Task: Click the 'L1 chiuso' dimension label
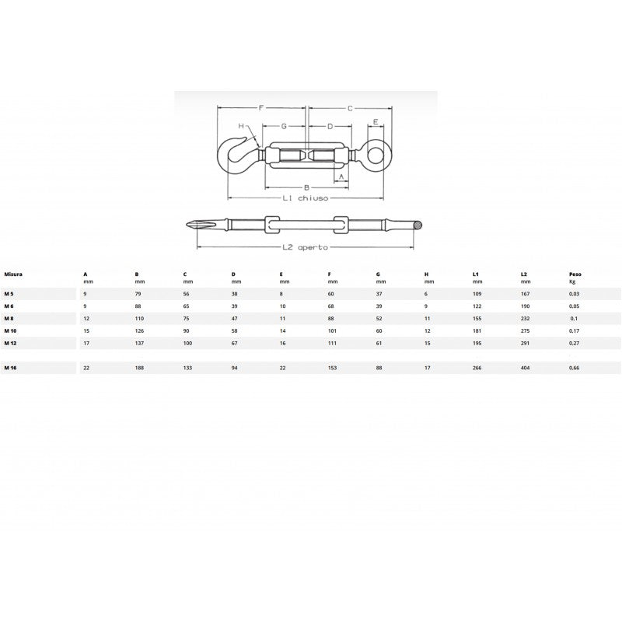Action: pos(305,198)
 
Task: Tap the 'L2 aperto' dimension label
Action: pos(305,247)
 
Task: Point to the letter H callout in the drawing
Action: pos(241,126)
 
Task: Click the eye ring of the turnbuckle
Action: pos(376,154)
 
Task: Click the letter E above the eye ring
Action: pos(376,122)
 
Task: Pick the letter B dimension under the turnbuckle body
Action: pos(306,187)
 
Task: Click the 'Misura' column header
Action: pos(13,274)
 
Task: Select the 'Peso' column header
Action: pos(575,274)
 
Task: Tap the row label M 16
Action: pos(10,368)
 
